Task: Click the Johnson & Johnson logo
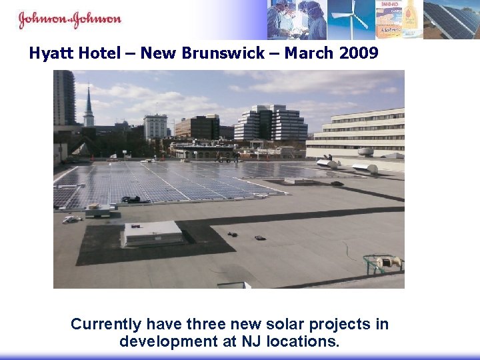pyautogui.click(x=70, y=19)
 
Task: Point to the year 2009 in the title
pyautogui.click(x=359, y=53)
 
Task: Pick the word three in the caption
pyautogui.click(x=207, y=325)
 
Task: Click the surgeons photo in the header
pyautogui.click(x=297, y=19)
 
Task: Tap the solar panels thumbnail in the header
pyautogui.click(x=451, y=19)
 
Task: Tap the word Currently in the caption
pyautogui.click(x=106, y=325)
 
